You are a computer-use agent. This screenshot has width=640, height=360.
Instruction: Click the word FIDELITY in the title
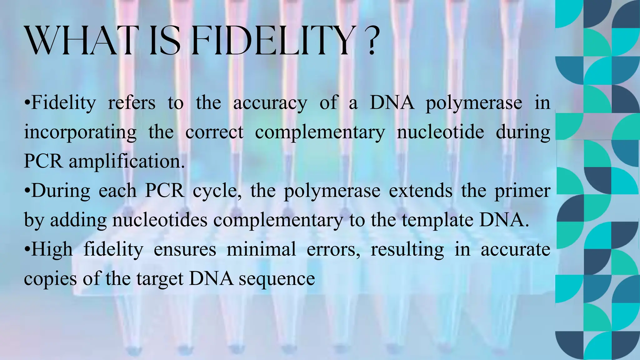(x=272, y=41)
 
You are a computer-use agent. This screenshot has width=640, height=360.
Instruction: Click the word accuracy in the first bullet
(x=270, y=103)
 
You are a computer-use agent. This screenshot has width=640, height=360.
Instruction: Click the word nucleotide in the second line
(x=440, y=132)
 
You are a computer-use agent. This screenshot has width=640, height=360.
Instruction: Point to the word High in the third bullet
(x=52, y=249)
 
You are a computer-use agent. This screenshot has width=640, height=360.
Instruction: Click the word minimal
(x=261, y=249)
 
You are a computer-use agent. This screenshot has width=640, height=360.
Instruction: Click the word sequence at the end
(x=277, y=279)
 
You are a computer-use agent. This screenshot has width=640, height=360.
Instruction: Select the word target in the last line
(x=160, y=279)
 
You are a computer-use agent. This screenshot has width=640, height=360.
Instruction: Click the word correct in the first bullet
(x=214, y=132)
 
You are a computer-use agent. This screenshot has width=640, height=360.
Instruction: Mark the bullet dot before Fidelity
(x=27, y=103)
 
